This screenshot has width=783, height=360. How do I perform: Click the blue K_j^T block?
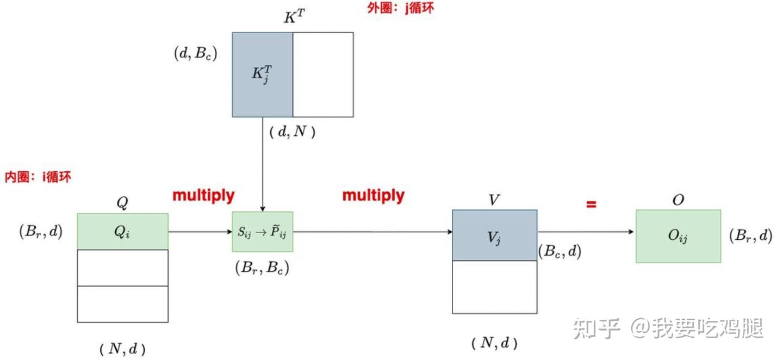(263, 75)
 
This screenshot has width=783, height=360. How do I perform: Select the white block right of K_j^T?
(323, 75)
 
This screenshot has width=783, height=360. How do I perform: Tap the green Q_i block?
(123, 232)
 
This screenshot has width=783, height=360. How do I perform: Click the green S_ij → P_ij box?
(263, 232)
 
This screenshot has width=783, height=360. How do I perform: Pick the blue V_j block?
(495, 235)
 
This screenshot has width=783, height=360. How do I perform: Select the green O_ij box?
(678, 236)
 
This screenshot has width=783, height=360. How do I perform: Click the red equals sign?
(591, 204)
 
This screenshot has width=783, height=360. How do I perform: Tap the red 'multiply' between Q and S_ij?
(203, 196)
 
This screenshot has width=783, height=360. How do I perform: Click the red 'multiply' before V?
(374, 196)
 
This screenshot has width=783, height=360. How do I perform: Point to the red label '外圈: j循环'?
(401, 9)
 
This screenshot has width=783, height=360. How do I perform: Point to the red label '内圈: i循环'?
(38, 177)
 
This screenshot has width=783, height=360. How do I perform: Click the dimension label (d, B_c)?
(195, 53)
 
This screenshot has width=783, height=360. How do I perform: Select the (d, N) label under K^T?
(293, 132)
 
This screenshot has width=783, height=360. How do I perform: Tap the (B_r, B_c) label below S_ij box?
(262, 268)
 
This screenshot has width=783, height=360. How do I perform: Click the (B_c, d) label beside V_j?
(560, 251)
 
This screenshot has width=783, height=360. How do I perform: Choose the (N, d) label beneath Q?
(123, 349)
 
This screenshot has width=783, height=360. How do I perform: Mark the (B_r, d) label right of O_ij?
(750, 236)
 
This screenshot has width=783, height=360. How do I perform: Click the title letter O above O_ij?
(678, 200)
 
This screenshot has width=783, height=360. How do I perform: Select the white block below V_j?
(495, 287)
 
